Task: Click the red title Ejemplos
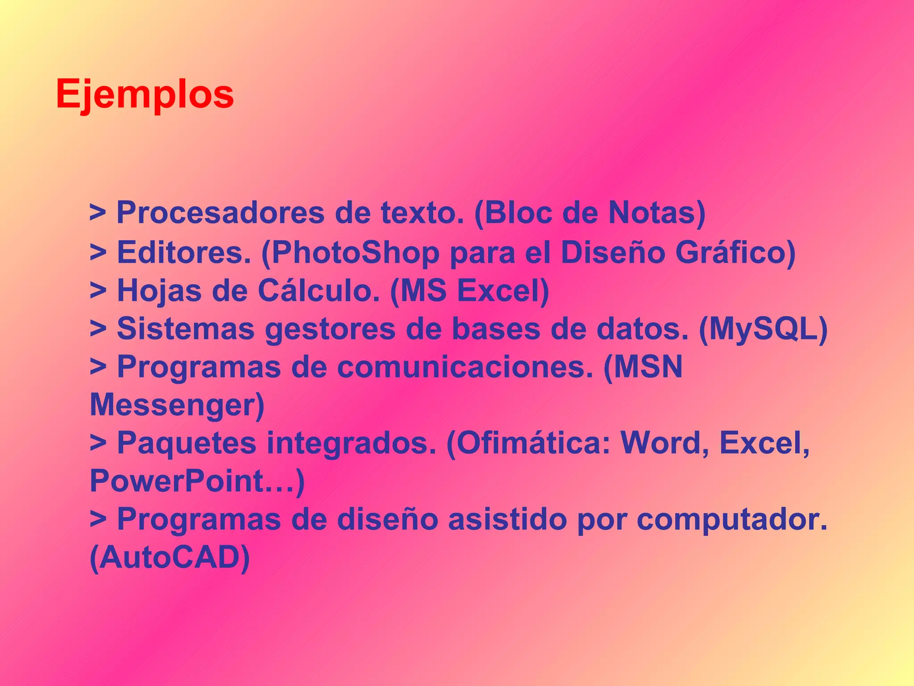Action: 145,95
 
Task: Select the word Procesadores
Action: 220,213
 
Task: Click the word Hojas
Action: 159,291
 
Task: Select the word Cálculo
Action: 319,291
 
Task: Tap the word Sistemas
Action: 186,330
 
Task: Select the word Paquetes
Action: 187,444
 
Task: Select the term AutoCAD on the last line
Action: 170,558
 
